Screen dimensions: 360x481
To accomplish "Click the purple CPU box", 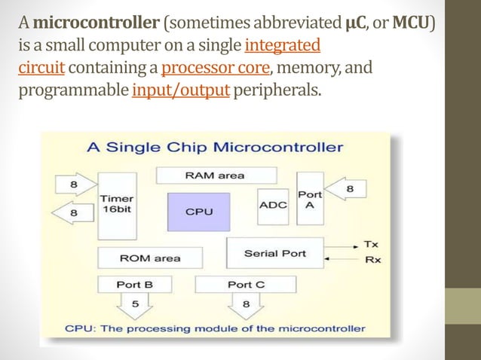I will coord(200,212).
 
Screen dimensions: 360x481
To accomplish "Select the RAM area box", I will coord(216,175).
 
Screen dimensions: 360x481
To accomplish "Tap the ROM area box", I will coord(150,258).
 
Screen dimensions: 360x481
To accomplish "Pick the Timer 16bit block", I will coord(117,203).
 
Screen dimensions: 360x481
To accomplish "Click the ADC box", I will coord(272,205).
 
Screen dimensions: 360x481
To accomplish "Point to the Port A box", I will coord(310,200).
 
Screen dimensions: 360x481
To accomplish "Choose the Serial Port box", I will coord(274,253).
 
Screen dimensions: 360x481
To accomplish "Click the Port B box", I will coord(135,285).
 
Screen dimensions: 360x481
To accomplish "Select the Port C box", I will coord(245,285).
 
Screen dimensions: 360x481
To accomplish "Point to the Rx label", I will coord(372,260).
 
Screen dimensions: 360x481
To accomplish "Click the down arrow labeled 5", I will coord(136,306).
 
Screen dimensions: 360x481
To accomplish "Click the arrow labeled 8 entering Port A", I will coord(348,189).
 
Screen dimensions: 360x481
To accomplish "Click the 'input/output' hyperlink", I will coord(180,91).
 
